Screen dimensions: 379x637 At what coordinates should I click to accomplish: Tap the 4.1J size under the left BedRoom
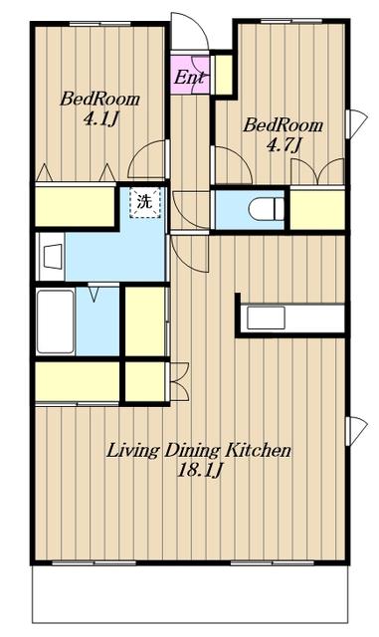(x=100, y=119)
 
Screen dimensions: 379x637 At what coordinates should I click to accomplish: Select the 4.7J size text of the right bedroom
(x=284, y=145)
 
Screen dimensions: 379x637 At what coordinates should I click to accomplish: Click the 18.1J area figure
(x=200, y=471)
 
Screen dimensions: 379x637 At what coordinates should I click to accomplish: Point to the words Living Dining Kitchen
(x=199, y=451)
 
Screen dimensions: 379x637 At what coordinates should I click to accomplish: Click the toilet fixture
(x=266, y=209)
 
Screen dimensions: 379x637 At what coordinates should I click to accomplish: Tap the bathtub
(x=56, y=321)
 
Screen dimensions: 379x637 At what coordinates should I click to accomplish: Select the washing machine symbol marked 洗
(x=145, y=203)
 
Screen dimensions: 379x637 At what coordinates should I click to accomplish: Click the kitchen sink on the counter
(x=266, y=318)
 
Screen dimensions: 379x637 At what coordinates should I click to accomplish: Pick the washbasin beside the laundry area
(x=53, y=256)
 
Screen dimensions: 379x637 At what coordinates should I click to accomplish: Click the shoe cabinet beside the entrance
(x=223, y=75)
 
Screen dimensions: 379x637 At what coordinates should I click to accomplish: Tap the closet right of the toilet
(x=317, y=209)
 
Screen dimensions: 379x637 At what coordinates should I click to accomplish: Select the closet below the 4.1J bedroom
(x=76, y=206)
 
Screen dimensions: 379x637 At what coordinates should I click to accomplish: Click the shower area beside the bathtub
(x=97, y=321)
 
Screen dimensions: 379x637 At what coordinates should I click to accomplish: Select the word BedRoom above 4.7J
(x=284, y=125)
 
